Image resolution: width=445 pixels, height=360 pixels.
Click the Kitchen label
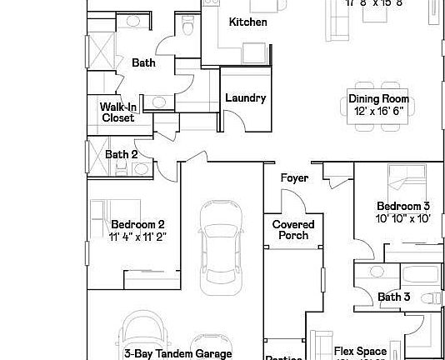pos(247,22)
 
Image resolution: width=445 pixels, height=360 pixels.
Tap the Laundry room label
pos(246,98)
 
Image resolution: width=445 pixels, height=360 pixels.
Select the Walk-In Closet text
pos(117,112)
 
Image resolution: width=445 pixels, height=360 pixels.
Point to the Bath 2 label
pos(122,154)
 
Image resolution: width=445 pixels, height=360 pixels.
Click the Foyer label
pos(294,178)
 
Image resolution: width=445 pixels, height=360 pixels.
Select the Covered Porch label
pos(293,230)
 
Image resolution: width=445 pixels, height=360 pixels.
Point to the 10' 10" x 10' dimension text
pos(402,218)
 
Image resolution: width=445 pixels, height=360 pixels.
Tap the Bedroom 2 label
pos(137,224)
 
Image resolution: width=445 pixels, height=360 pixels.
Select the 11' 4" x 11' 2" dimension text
pos(137,236)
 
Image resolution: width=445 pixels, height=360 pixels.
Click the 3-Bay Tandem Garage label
pos(177,353)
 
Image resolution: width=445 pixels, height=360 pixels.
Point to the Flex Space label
pos(360,352)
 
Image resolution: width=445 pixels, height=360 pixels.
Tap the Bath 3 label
pos(393,297)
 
